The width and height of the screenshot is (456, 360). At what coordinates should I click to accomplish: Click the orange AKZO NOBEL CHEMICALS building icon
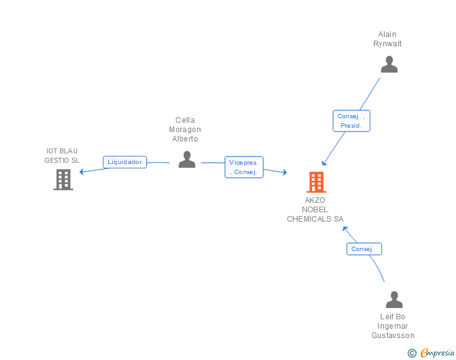(x=316, y=182)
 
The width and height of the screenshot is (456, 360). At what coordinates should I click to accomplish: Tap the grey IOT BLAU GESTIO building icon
(x=63, y=180)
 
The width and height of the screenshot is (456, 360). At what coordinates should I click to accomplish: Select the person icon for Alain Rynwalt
(x=389, y=64)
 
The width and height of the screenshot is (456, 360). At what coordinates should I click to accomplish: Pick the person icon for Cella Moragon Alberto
(x=187, y=160)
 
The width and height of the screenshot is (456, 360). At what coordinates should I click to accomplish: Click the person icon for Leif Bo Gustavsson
(x=394, y=300)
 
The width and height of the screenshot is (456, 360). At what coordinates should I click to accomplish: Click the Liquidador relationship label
(x=125, y=162)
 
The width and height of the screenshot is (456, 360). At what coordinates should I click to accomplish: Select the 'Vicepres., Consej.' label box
(x=244, y=167)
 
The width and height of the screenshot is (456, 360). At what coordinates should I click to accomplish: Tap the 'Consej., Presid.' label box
(x=351, y=121)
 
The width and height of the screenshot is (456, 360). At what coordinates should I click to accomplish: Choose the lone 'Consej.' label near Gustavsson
(x=363, y=249)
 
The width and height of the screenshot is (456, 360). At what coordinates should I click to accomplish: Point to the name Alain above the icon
(x=387, y=34)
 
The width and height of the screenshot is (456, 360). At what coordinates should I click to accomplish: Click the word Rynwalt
(x=387, y=44)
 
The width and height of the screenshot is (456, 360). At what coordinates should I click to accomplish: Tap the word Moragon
(x=185, y=130)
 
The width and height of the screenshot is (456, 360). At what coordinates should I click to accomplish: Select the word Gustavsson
(x=393, y=336)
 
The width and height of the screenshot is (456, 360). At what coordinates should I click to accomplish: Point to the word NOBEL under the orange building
(x=315, y=210)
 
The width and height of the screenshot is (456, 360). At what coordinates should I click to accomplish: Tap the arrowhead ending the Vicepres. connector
(x=284, y=173)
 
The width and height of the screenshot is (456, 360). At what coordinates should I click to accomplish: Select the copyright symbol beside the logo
(x=412, y=353)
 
